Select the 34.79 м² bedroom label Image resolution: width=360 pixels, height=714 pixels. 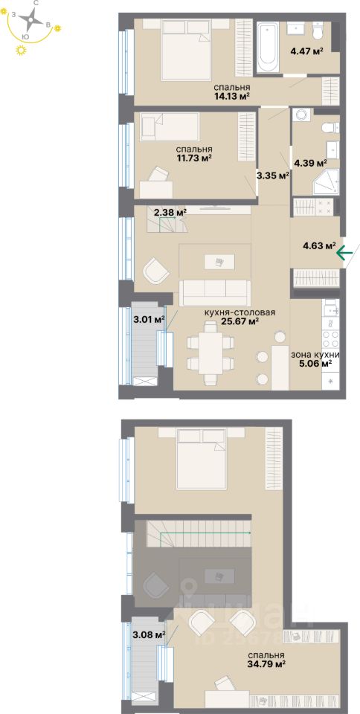tap(267, 659)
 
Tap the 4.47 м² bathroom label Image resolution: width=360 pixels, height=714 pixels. tap(306, 51)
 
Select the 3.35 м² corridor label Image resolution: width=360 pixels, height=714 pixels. tap(271, 176)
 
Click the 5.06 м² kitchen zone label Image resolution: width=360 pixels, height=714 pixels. tap(316, 359)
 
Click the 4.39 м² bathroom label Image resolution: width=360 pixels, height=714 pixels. tap(311, 162)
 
